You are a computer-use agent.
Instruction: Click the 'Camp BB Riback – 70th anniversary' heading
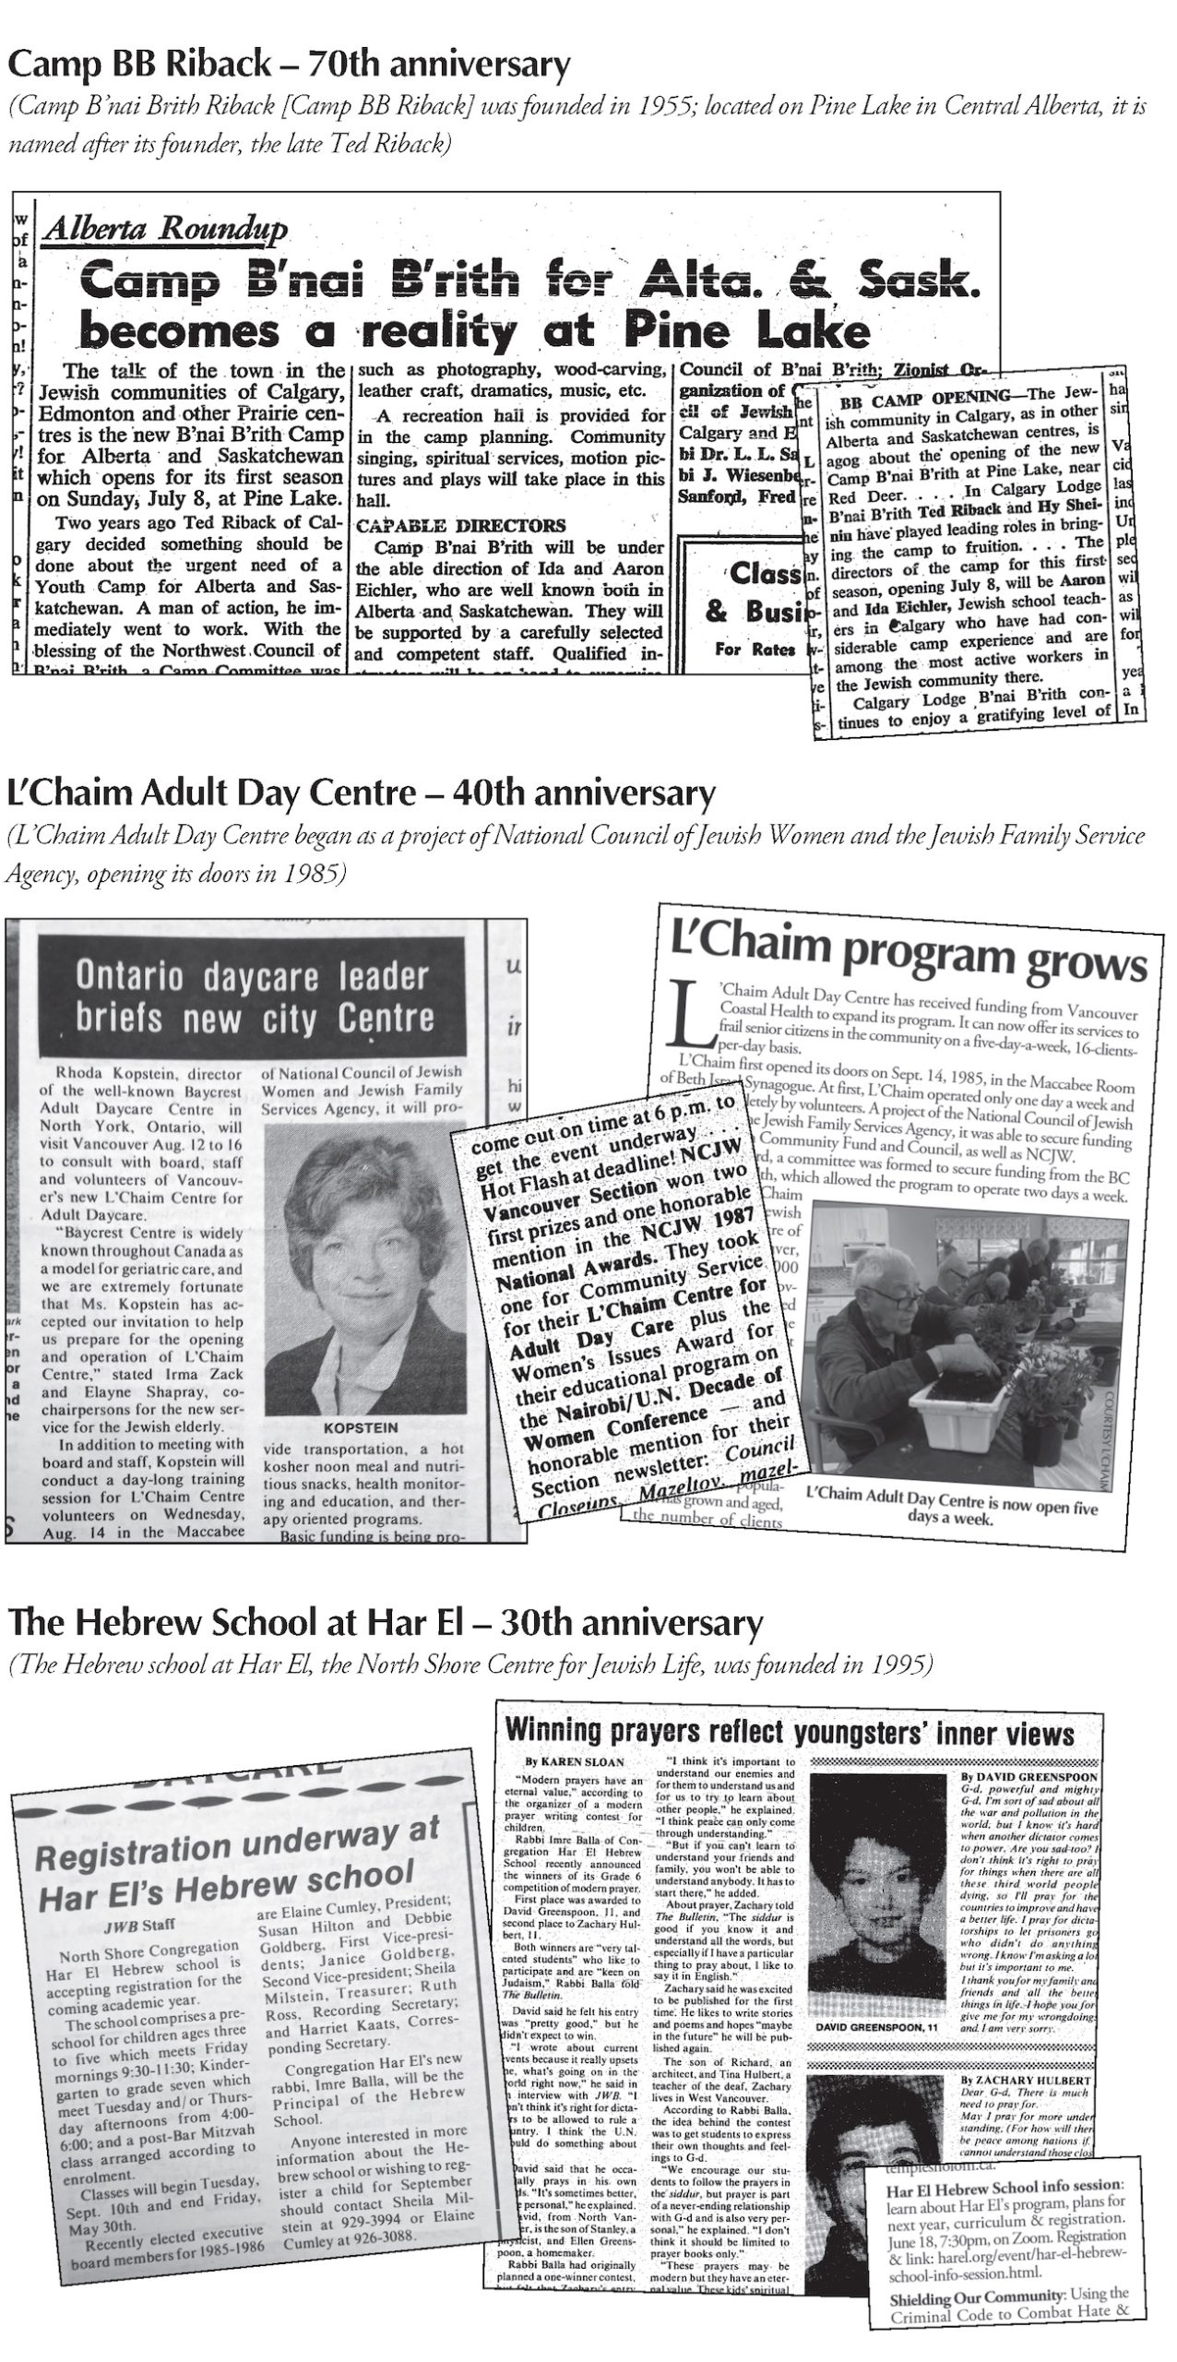click(x=289, y=66)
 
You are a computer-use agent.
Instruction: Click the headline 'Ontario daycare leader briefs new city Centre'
click(x=253, y=997)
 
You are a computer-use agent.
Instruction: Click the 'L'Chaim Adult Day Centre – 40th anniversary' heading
click(x=361, y=793)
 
